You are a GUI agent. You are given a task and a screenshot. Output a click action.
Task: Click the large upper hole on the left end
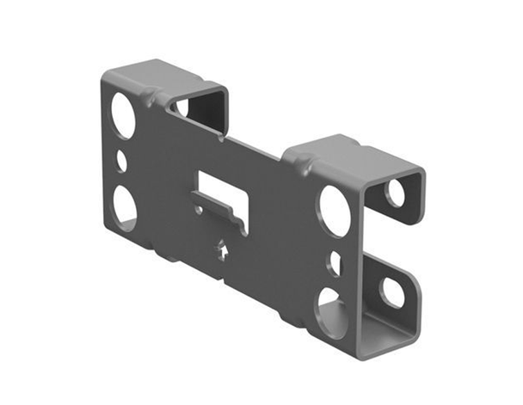tap(123, 114)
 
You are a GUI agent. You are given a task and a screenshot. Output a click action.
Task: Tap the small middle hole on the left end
tap(121, 161)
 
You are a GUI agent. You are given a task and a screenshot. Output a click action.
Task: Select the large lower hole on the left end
tap(123, 205)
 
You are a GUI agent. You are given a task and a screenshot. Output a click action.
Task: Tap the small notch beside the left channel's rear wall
tap(181, 107)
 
